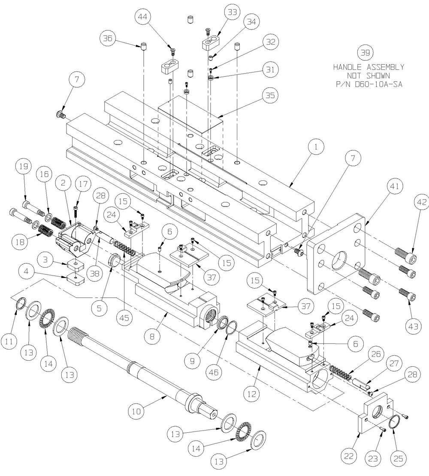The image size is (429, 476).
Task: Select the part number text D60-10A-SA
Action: pyautogui.click(x=369, y=84)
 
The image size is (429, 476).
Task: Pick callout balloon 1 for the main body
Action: pyautogui.click(x=316, y=147)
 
